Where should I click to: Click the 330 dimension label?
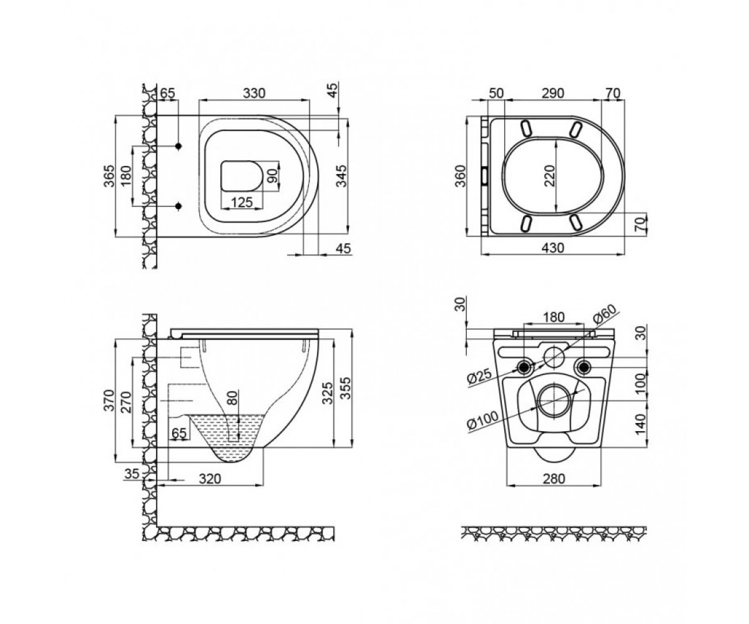coord(254,93)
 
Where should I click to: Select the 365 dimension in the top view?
coord(109,176)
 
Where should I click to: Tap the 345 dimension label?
coord(342,176)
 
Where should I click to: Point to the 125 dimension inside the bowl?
coord(242,203)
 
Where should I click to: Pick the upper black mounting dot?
coord(179,146)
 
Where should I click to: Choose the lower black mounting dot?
coord(179,206)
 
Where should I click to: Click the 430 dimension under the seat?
coord(553,248)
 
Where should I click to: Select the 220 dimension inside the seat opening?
coord(549,175)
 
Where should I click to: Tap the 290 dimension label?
coord(553,93)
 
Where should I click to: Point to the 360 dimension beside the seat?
coord(460,176)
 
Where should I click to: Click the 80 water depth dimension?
coord(233,397)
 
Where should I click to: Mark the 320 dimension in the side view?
coord(210,479)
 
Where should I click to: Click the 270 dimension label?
coord(126,402)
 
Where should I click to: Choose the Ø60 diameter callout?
coord(604,314)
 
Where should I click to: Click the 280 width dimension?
coord(554,479)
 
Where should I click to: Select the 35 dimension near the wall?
coord(131,474)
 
